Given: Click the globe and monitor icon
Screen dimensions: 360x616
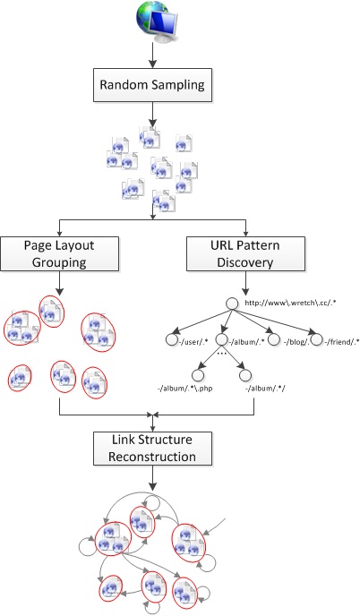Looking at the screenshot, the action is click(157, 21).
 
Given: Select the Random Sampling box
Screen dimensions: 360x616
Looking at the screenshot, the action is click(152, 85).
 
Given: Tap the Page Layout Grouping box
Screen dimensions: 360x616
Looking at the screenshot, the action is click(59, 253).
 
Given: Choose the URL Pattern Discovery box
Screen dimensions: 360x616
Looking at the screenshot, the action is click(245, 253).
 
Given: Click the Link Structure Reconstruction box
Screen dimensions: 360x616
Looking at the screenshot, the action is click(152, 449).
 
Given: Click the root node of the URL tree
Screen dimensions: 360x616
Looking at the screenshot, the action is click(232, 304).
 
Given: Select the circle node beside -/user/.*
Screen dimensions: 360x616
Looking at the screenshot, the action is click(172, 340).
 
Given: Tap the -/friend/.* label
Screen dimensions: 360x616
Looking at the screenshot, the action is click(341, 342).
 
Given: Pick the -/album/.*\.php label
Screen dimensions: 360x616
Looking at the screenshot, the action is click(184, 389).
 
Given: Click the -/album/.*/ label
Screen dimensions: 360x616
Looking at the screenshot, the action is click(265, 389).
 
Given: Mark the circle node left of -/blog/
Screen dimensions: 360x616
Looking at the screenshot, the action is click(274, 340).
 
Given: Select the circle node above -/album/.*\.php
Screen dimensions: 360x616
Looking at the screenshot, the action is click(198, 375).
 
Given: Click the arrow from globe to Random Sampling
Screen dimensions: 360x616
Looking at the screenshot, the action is click(152, 56).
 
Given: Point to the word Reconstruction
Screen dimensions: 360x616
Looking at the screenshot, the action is click(152, 457).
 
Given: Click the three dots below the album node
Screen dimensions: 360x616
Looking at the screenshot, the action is click(222, 353).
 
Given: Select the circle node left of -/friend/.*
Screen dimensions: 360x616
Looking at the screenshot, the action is click(316, 340).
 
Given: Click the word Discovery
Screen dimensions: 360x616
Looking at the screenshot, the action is click(245, 262).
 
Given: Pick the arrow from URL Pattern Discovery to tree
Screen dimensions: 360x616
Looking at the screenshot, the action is click(245, 283).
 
